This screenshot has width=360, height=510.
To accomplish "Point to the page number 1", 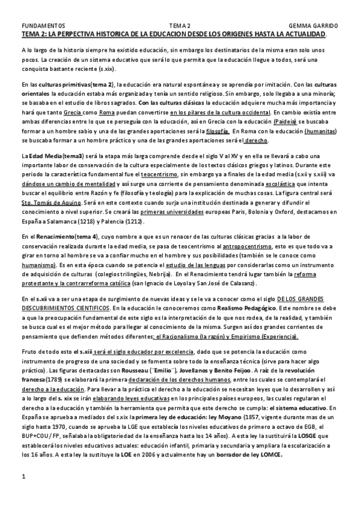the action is [x=23, y=477].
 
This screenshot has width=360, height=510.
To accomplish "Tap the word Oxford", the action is [x=271, y=207].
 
